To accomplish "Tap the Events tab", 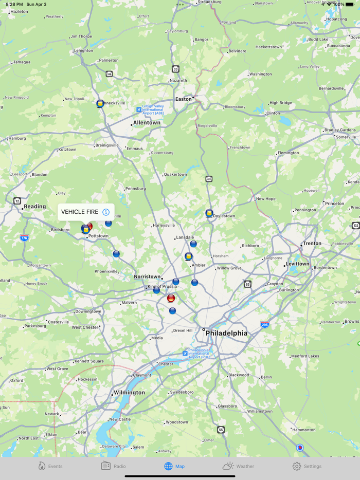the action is point(50,466).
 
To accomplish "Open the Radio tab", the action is point(114,466).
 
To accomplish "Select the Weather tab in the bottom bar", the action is point(238,466).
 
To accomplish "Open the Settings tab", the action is point(307,466).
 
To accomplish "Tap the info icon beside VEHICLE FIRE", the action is point(106,212).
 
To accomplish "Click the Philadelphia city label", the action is point(226,333).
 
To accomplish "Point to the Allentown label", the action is point(147,123).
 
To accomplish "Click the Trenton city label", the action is point(312,244).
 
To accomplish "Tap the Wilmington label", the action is point(129,393).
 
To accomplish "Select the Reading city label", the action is point(35,207).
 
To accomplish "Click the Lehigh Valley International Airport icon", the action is point(139,109).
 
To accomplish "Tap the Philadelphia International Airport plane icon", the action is point(186,353).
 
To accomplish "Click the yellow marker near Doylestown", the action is point(209,213).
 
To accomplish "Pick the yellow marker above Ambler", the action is point(189,256).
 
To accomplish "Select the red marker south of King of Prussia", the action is point(171,298).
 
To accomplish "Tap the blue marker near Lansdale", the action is point(193,244).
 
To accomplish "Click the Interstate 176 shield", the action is point(24,238).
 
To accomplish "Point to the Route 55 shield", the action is point(221,430).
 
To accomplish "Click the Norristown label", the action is point(147,276).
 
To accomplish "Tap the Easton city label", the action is point(183,99).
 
